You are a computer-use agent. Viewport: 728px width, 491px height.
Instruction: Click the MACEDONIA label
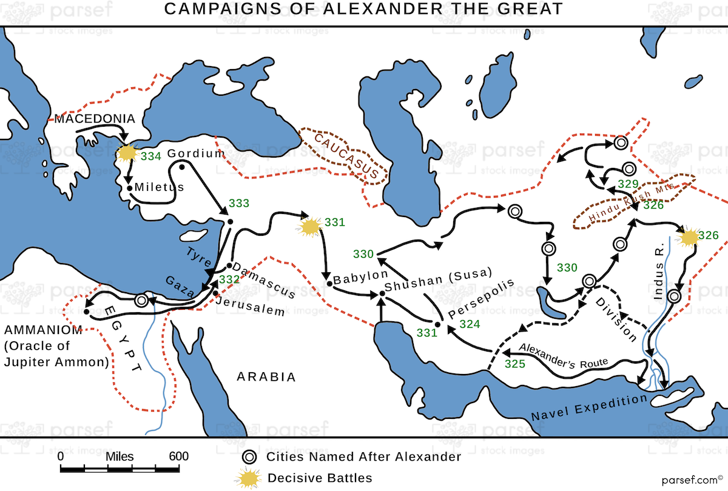point(95,118)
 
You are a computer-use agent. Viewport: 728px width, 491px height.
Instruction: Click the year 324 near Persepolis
point(470,324)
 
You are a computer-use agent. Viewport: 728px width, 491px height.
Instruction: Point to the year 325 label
point(515,365)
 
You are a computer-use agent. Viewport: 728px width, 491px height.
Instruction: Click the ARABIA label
point(266,377)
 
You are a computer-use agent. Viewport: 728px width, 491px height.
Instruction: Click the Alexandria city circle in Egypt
point(142,299)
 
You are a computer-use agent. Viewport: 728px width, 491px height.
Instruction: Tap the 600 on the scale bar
point(178,456)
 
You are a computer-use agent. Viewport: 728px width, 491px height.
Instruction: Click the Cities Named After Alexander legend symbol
point(249,457)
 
